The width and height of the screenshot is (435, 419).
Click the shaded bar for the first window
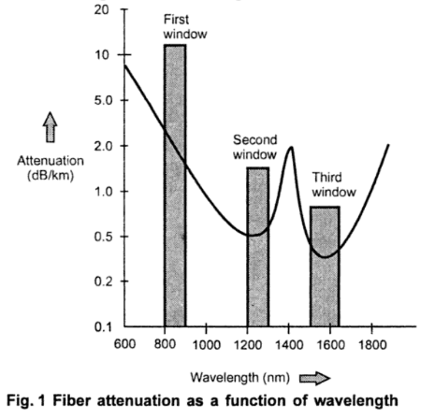point(174,187)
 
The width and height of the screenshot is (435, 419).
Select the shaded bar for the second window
point(257,248)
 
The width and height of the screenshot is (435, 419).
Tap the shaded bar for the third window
point(325,267)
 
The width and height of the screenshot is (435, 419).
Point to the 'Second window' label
point(255,146)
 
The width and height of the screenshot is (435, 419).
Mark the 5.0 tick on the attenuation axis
point(101,100)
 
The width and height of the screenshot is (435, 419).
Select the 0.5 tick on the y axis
point(101,237)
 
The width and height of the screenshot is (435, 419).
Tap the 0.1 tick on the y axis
point(101,326)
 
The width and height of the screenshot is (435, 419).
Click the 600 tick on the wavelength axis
point(124,343)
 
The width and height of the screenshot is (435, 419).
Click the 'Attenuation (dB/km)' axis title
point(51,167)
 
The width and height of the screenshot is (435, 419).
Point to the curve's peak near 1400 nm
point(291,148)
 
